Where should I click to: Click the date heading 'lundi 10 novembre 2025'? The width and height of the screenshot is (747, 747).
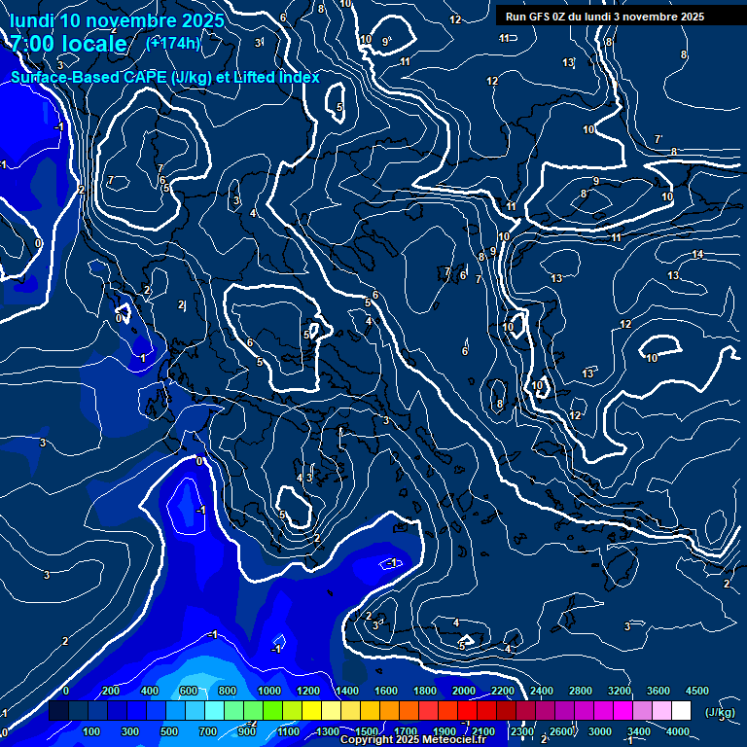[117, 20]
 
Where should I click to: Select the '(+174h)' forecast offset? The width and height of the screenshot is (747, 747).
[173, 43]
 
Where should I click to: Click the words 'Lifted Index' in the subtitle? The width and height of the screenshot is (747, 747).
[276, 77]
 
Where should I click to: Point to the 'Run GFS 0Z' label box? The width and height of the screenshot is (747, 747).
[605, 17]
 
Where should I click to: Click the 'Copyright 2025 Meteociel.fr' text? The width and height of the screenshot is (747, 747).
[412, 740]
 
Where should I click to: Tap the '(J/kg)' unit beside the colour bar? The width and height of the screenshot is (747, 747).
[720, 712]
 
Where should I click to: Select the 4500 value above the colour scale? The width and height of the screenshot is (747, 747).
[696, 691]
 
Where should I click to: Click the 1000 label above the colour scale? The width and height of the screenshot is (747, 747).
[268, 691]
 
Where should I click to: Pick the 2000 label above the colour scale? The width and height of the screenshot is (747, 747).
[463, 691]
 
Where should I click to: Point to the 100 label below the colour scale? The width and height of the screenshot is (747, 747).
[91, 731]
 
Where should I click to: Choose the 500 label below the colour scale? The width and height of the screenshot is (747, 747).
[169, 731]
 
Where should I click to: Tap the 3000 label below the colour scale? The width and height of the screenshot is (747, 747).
[599, 731]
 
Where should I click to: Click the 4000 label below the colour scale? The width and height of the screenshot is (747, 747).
[678, 731]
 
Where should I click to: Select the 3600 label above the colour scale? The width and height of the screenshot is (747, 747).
[658, 691]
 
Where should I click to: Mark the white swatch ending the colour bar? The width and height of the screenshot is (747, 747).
[681, 712]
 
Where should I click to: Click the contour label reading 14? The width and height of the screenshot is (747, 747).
[697, 255]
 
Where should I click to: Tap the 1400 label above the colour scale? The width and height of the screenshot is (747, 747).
[346, 691]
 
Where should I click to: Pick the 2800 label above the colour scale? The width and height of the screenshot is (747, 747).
[580, 691]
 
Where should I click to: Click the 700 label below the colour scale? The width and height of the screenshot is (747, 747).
[208, 731]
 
